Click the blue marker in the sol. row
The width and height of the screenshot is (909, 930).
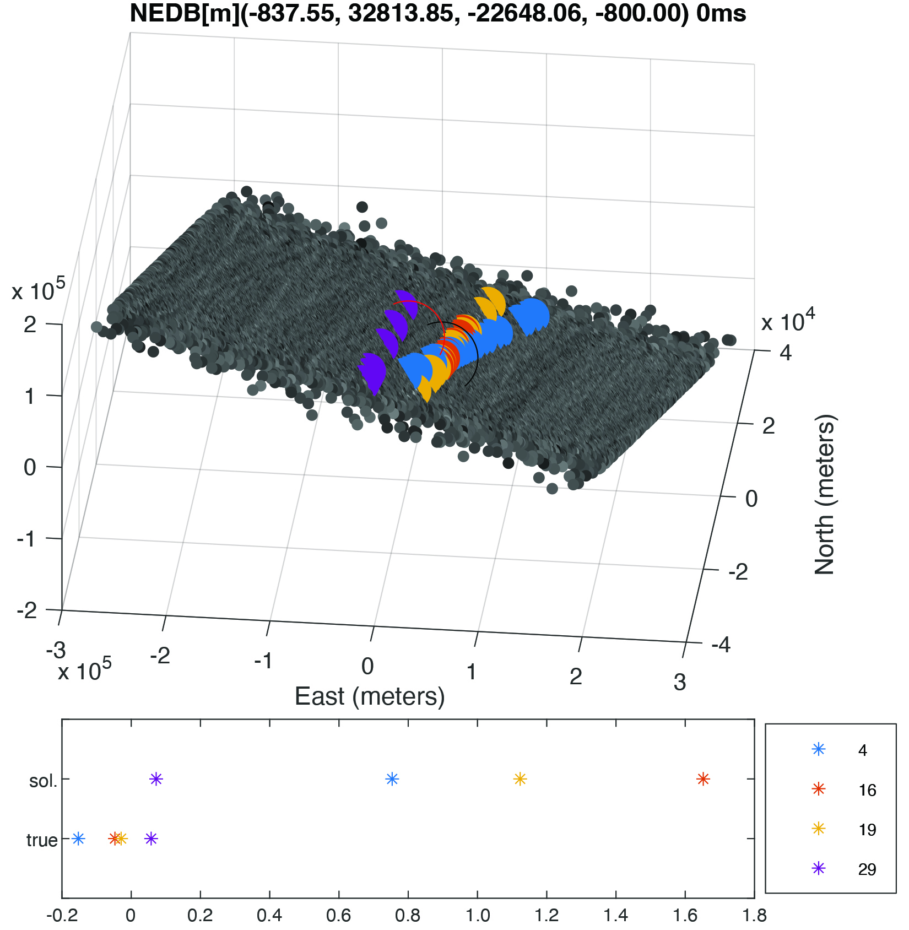[x=392, y=779]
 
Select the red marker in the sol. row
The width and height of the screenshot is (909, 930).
[x=703, y=779]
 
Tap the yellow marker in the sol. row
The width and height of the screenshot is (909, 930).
[x=520, y=779]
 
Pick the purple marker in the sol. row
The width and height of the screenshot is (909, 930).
[x=156, y=779]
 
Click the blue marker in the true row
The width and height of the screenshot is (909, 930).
[x=78, y=839]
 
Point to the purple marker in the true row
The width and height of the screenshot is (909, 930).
[x=151, y=839]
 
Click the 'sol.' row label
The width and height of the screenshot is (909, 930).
[x=43, y=781]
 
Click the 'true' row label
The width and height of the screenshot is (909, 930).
[x=42, y=840]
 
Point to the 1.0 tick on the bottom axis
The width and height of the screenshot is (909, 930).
[x=478, y=916]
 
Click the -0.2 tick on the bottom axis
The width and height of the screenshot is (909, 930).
[x=62, y=916]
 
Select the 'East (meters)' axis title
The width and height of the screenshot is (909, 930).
[x=370, y=697]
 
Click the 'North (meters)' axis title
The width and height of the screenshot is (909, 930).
[x=825, y=494]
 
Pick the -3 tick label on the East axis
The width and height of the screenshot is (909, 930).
[x=56, y=651]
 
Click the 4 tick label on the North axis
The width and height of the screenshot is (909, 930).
[x=786, y=353]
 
